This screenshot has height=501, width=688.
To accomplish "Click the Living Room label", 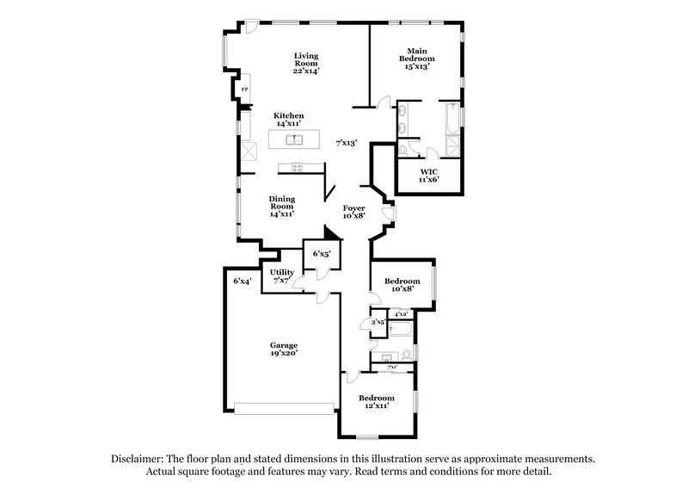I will (x=306, y=63).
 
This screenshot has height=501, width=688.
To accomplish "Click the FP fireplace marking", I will (x=244, y=90).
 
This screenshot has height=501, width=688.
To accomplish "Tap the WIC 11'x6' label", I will (x=428, y=176).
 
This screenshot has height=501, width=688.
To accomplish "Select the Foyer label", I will (x=354, y=213).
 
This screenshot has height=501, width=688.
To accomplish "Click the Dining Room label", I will (x=282, y=206).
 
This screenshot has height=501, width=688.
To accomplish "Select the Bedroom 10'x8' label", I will (x=402, y=285).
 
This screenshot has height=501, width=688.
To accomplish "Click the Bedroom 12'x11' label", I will (x=376, y=401).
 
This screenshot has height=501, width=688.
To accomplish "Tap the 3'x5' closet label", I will (x=376, y=323).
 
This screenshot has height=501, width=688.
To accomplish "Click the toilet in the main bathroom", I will (x=403, y=152).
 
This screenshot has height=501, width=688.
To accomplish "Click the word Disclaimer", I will (x=138, y=459).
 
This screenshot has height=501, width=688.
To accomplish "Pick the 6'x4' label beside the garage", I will (x=241, y=281).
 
